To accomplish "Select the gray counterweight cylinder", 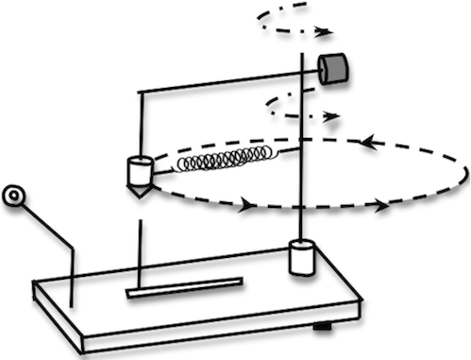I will (x=333, y=68).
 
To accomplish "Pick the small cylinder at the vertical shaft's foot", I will (x=301, y=258).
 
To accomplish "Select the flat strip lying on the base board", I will (x=185, y=287).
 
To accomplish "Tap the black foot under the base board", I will (x=324, y=327).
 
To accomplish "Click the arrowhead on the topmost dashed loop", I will (x=325, y=31).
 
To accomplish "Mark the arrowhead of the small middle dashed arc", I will (x=331, y=117).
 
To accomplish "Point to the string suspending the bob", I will (x=141, y=123).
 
